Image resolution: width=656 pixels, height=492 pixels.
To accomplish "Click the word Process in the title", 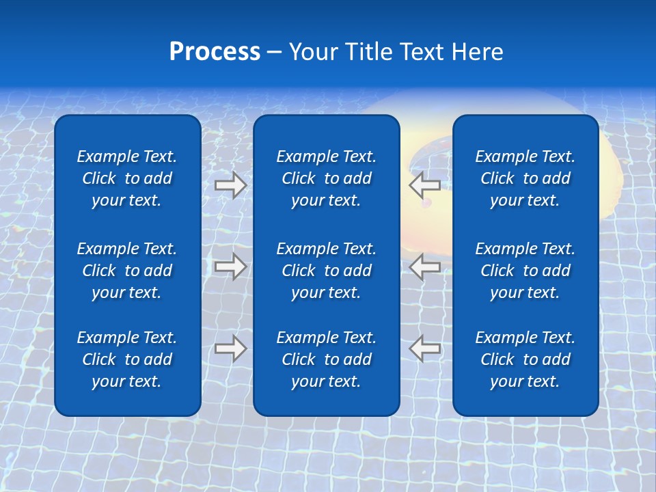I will pos(215,52).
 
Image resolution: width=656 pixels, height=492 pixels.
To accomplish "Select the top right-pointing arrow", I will pos(230,185).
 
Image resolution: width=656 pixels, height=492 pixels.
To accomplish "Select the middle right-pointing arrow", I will pos(230,266).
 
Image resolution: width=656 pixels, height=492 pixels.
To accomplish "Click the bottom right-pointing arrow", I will pos(230,348).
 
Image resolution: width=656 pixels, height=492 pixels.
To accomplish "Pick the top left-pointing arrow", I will pos(424,185).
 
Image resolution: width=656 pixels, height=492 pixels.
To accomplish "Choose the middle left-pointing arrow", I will pos(424,266).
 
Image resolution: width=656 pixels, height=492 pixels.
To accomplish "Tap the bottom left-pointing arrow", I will pos(424,348).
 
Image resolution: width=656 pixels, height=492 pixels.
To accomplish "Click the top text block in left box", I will pos(127,178).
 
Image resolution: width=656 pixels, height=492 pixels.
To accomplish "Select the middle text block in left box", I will pos(127,271).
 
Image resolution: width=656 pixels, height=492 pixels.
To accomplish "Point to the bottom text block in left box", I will pos(127,359).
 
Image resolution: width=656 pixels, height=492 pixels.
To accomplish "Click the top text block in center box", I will pos(326,178).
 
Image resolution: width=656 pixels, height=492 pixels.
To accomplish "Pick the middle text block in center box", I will pos(326,271).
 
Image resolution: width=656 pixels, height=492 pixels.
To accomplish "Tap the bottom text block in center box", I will pos(326,359).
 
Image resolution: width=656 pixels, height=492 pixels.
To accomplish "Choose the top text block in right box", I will pos(525,178).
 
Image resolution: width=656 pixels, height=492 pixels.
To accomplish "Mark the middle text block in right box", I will pos(525,271).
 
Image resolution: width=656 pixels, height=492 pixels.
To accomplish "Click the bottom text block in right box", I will pos(525,359).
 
